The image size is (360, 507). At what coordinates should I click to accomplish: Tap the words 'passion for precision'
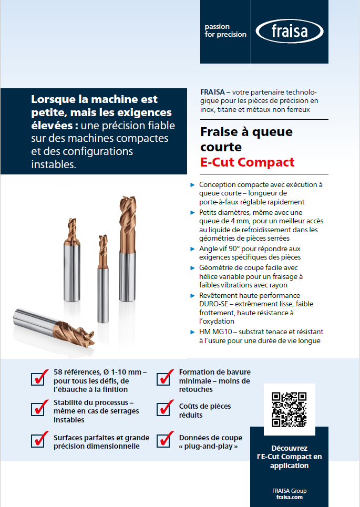tap(225, 30)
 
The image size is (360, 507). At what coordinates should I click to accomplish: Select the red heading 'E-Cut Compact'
tap(248, 162)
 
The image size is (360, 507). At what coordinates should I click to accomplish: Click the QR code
tap(289, 409)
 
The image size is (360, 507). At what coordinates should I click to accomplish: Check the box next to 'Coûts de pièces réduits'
tap(164, 408)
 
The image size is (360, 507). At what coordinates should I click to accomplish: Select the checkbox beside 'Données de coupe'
tap(164, 440)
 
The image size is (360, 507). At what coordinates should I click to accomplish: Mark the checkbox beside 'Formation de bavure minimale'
tap(164, 378)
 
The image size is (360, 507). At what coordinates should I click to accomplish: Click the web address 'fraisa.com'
tap(289, 496)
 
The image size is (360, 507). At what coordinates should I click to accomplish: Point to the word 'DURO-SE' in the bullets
tap(213, 304)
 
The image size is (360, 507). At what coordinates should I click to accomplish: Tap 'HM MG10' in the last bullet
tap(213, 332)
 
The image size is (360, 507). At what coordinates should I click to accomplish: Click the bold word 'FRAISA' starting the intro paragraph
tap(213, 91)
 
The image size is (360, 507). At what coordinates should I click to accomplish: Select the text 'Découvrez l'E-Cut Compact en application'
tap(289, 457)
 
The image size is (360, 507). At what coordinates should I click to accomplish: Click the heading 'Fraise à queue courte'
tap(246, 139)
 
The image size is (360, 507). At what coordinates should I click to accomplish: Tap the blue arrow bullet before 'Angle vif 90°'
tap(192, 249)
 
